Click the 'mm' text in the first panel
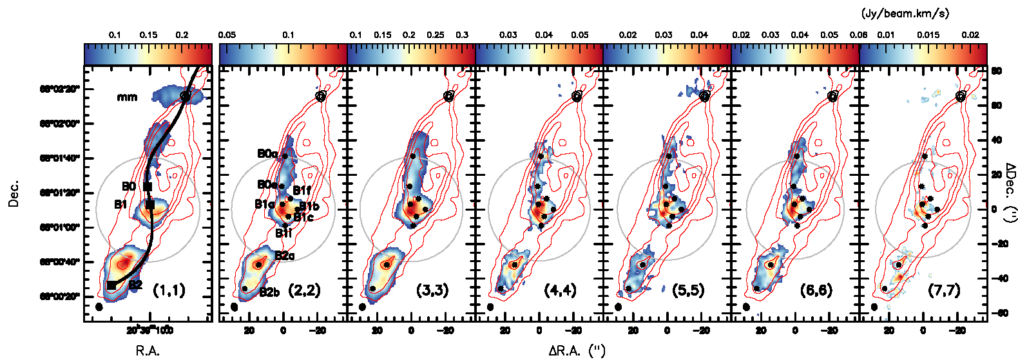coord(127,97)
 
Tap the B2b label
coord(269,293)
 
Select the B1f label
coord(302,190)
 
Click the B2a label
coord(285,256)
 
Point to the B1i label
coord(283,233)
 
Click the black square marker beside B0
coord(148,187)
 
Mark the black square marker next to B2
coord(111,285)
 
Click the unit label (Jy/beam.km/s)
coord(905,14)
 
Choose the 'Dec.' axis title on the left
coord(14,193)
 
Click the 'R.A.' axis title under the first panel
coord(148,351)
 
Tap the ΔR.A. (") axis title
coord(577,351)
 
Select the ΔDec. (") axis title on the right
coord(1010,193)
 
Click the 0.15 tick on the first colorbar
coord(148,35)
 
